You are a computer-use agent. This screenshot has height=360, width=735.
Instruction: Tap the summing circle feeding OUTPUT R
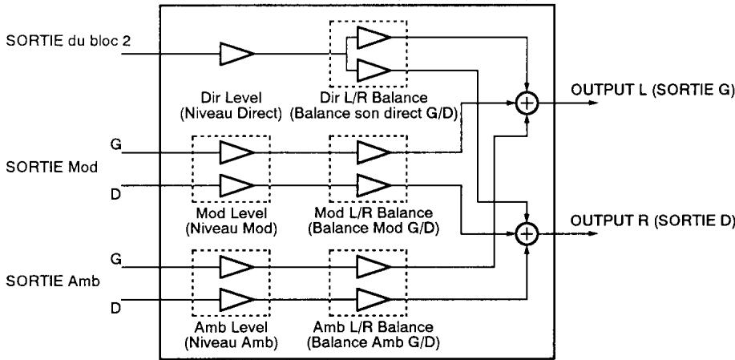pyautogui.click(x=527, y=234)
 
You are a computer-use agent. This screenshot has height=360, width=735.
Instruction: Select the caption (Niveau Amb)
pyautogui.click(x=231, y=342)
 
